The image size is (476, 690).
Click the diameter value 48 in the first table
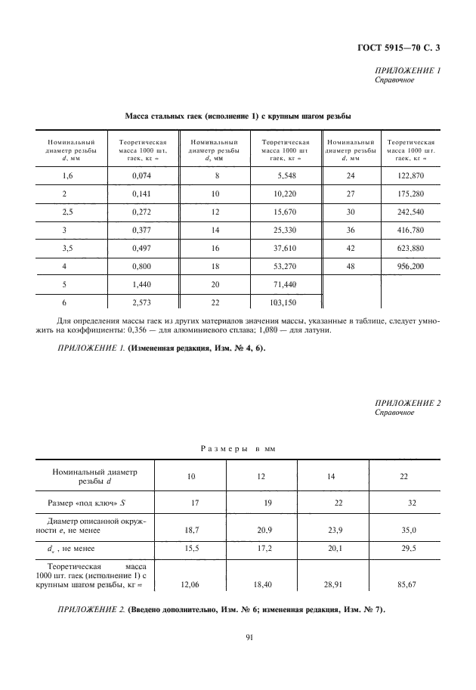click(x=351, y=267)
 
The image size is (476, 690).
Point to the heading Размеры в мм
click(x=238, y=448)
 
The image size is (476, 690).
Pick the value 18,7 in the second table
click(x=192, y=531)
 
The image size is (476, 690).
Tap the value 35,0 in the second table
click(x=409, y=531)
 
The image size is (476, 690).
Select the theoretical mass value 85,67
click(x=410, y=584)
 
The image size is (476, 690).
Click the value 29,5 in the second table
click(x=409, y=549)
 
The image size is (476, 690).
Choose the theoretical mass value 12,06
click(x=192, y=584)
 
